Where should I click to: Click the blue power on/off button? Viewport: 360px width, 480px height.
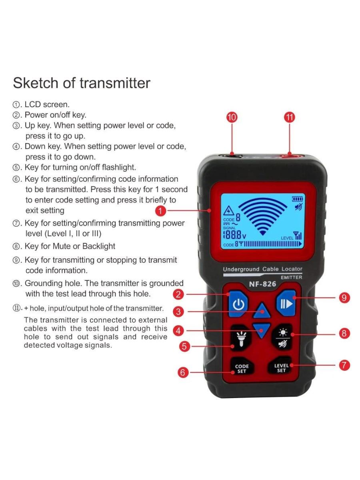238,304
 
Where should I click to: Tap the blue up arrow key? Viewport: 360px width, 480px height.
262,311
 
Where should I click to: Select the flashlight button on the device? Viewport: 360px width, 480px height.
241,338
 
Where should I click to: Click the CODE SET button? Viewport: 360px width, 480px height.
242,369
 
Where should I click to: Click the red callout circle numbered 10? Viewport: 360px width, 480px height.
232,117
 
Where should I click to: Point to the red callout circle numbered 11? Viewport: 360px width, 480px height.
290,117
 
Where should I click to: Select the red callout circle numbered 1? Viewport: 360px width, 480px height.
161,211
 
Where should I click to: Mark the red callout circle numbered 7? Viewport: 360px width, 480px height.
344,365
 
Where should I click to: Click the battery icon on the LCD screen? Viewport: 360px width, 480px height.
298,199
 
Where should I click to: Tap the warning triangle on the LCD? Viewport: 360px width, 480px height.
229,211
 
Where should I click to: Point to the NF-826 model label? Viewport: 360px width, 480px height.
262,284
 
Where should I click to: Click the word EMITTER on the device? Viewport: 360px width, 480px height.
291,277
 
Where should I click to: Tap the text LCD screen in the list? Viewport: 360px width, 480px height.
47,104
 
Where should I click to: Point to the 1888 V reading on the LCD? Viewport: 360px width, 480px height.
234,235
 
